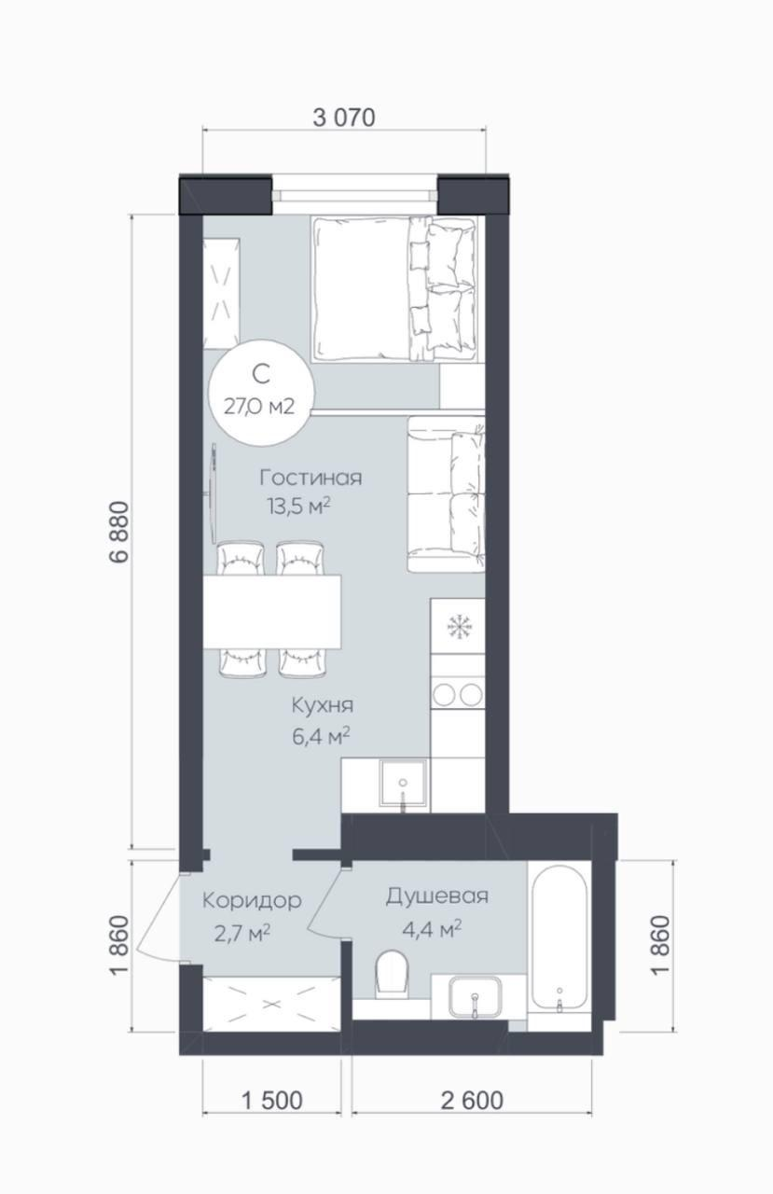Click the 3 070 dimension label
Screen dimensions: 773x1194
tap(344, 118)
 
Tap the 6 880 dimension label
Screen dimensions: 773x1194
tap(119, 532)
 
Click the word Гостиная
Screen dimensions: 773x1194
tap(311, 478)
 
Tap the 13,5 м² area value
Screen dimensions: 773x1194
tap(299, 507)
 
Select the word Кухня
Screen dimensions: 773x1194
tap(323, 705)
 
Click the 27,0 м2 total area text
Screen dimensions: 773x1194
tap(259, 407)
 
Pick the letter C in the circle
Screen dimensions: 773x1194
tap(261, 375)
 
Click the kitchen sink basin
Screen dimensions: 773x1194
tap(403, 784)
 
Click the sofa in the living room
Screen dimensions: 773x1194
tap(447, 494)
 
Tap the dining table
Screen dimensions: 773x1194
tap(271, 611)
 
